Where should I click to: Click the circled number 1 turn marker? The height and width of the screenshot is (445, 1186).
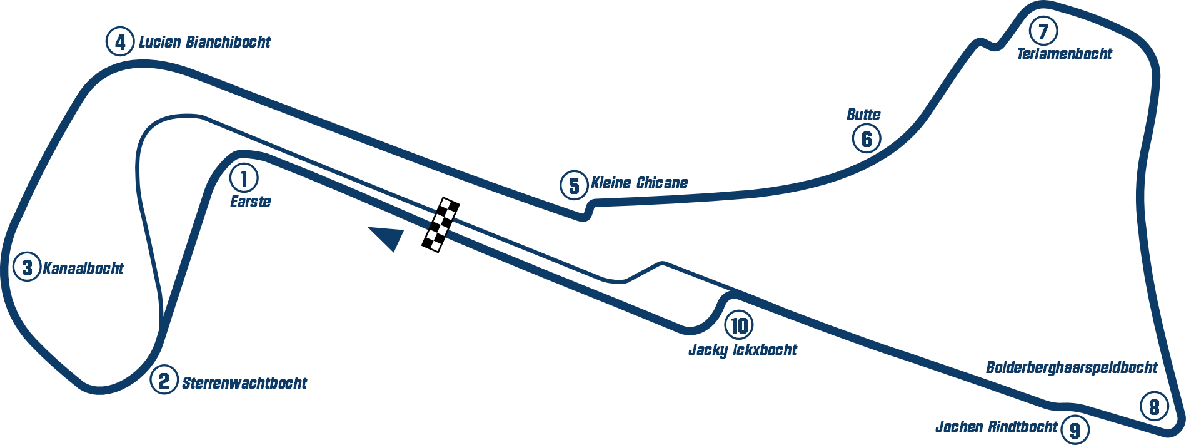[x=244, y=178]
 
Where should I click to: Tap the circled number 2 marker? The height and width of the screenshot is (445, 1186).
[x=164, y=380]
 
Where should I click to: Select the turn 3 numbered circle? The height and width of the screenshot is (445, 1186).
[x=27, y=268]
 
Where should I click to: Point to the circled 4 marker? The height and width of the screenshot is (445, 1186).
[x=120, y=43]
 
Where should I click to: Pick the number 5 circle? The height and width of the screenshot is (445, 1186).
[x=574, y=186]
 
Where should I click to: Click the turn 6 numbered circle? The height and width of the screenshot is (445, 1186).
[x=867, y=138]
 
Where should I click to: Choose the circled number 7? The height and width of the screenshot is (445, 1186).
[x=1043, y=31]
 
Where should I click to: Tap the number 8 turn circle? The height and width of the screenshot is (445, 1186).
[x=1153, y=407]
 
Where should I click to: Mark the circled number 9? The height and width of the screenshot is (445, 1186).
[x=1075, y=431]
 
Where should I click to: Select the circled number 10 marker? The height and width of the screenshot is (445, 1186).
[x=739, y=325]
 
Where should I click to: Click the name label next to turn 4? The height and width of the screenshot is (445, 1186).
[x=204, y=43]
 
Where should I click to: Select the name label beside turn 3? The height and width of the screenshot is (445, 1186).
[x=85, y=269]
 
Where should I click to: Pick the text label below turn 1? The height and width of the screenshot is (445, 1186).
[x=253, y=203]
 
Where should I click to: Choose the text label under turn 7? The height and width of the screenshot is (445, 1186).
[x=1065, y=53]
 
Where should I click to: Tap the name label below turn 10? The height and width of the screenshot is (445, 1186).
[x=742, y=349]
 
